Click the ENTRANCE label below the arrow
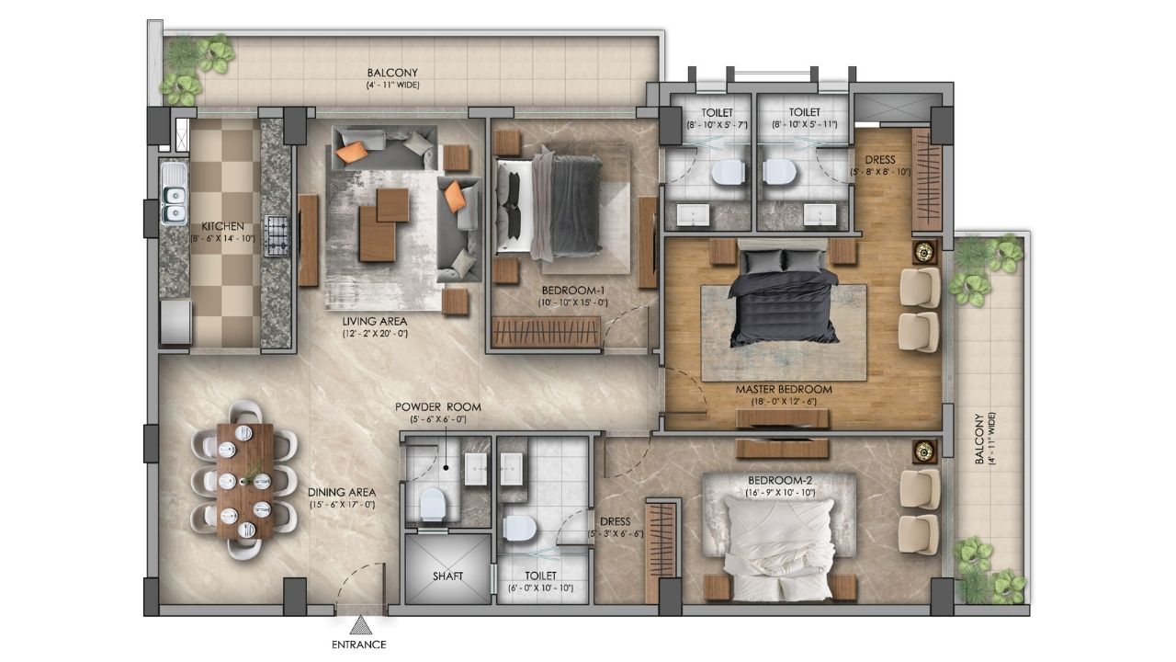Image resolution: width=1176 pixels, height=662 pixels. coord(359,645)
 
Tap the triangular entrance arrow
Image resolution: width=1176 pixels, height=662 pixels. coord(360,625)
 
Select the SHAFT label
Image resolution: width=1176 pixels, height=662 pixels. coord(447,576)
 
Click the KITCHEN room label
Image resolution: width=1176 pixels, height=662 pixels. coord(223,226)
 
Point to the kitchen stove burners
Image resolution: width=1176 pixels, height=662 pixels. coord(276,235)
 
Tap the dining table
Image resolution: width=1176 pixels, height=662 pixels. coord(245,481)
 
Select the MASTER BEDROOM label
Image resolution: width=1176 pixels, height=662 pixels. coord(784,390)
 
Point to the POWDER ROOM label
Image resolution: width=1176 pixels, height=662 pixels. coord(438,407)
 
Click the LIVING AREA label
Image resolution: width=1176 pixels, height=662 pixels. coord(375,321)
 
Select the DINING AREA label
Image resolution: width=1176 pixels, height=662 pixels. coord(342,493)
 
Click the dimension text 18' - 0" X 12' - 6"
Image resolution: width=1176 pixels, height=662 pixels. coord(784,403)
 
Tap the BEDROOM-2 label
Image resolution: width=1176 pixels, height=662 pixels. coord(780,480)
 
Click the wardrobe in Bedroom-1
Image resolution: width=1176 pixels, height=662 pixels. coord(546,332)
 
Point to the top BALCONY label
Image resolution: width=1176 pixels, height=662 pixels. coord(392,73)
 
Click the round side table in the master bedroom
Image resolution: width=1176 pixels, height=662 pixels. coord(924,252)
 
